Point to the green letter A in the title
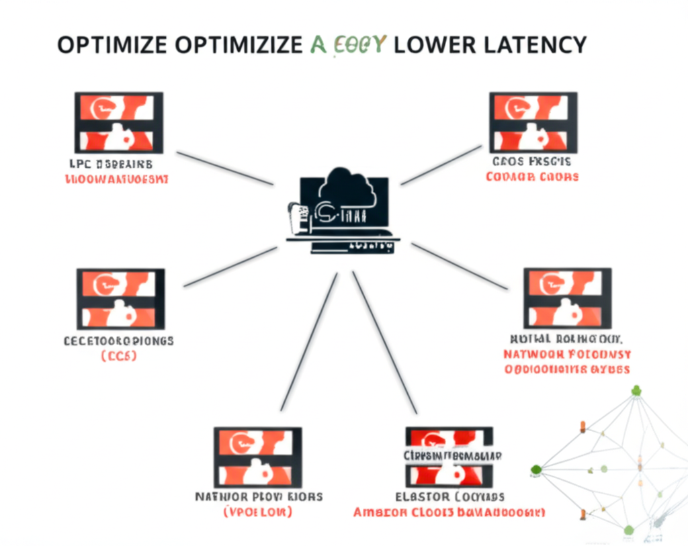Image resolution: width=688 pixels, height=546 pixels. (x=319, y=45)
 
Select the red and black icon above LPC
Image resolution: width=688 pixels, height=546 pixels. (x=118, y=123)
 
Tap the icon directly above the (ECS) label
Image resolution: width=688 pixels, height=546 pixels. (x=121, y=299)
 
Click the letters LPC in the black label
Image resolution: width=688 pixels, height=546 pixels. (x=81, y=164)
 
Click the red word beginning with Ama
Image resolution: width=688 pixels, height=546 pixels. (x=381, y=512)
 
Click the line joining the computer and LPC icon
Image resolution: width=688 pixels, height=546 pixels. (x=224, y=168)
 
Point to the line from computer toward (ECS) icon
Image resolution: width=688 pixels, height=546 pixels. (x=230, y=267)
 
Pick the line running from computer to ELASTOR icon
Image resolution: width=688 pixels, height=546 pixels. (x=384, y=343)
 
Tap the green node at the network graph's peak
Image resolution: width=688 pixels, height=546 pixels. (x=636, y=390)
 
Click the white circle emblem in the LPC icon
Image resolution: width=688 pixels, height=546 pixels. (x=103, y=107)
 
